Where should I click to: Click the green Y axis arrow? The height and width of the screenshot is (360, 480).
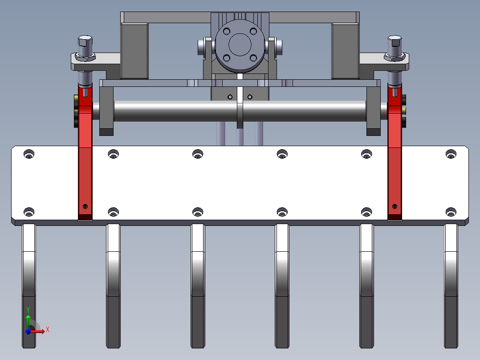(x=28, y=321)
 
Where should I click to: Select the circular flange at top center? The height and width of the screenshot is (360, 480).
(x=240, y=45)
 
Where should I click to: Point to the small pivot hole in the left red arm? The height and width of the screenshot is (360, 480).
(x=85, y=206)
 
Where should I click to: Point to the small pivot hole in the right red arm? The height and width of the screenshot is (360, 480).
(x=395, y=206)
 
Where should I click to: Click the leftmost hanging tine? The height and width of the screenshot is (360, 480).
(x=29, y=286)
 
